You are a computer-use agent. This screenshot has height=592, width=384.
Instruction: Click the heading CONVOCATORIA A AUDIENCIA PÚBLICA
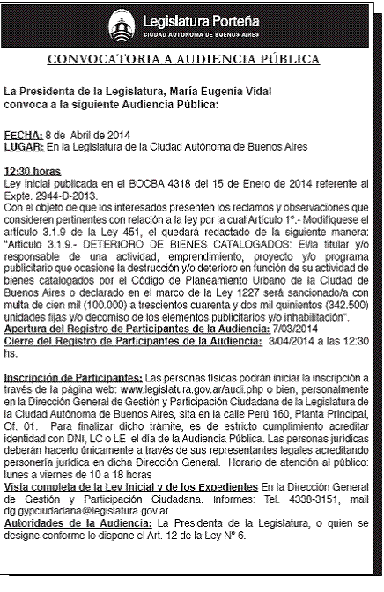[x=191, y=60]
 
